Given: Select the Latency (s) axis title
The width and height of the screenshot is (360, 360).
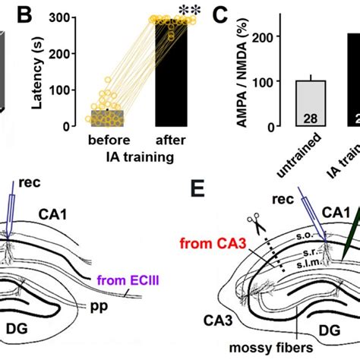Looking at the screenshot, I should click(42, 71).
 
